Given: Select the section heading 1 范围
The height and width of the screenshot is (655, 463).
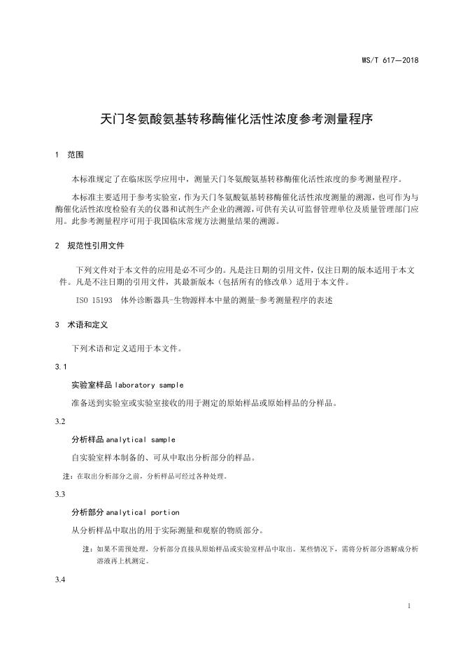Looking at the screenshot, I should point(69,153).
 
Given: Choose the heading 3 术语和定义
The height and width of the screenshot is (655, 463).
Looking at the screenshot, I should point(80,325).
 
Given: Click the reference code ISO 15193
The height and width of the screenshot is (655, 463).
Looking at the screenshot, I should point(94,300).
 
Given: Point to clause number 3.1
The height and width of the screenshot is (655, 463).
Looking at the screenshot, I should point(60,367).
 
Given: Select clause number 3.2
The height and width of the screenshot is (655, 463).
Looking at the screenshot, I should point(60,421).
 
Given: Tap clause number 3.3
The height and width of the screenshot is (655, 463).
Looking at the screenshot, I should point(60,494).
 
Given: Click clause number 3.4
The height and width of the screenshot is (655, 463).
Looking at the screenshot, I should point(60,581).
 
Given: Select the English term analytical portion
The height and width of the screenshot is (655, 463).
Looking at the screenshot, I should point(142,512).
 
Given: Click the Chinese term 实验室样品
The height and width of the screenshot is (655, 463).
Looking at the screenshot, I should point(87,385).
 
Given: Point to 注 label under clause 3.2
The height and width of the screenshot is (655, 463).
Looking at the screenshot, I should point(67,476).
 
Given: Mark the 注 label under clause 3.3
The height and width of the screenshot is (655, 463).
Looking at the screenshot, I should point(87,549).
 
